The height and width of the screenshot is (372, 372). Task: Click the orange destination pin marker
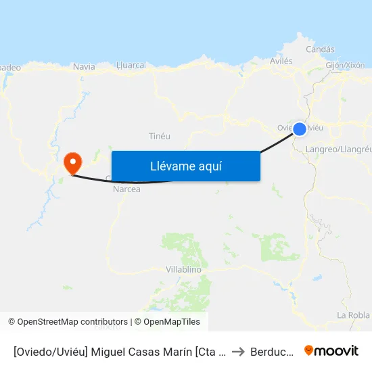pos(72,162)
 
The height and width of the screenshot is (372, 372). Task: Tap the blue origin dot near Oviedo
pos(300,129)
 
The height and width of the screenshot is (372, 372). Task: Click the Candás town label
pos(320,49)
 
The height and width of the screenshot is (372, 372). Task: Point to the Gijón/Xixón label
pos(345,66)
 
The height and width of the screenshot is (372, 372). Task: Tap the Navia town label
pos(84,67)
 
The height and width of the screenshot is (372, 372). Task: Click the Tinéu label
pos(159,137)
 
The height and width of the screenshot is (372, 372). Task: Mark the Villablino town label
pos(183,269)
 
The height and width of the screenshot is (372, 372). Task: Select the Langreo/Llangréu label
pos(338,149)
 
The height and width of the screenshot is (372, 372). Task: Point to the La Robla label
pos(353,315)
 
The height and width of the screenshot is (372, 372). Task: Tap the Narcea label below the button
pos(126,189)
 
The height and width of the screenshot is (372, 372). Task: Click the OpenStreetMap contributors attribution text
pos(72,322)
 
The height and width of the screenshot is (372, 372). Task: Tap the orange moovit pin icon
pos(309,350)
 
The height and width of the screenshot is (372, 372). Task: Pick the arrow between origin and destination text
pos(239,352)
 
